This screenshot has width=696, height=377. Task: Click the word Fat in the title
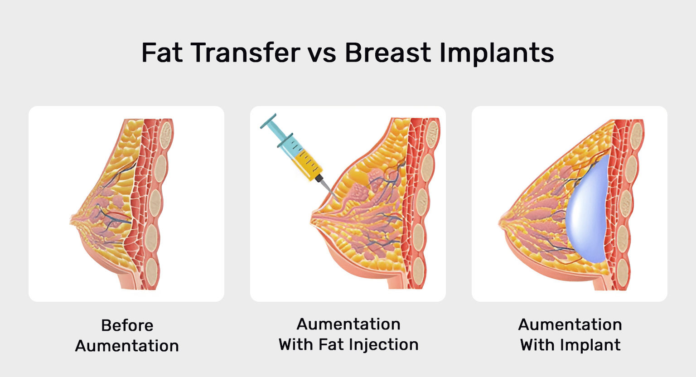coord(162,53)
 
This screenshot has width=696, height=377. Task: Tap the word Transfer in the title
coord(246,53)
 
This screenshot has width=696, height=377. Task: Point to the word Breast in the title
coord(388,53)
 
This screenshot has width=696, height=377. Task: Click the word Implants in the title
coord(497,54)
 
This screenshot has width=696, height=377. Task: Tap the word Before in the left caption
coord(127,325)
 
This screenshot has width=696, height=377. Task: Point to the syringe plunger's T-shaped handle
coord(268,121)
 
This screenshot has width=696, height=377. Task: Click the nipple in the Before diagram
coord(72,220)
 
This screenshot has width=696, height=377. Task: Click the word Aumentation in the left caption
coord(127,346)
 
